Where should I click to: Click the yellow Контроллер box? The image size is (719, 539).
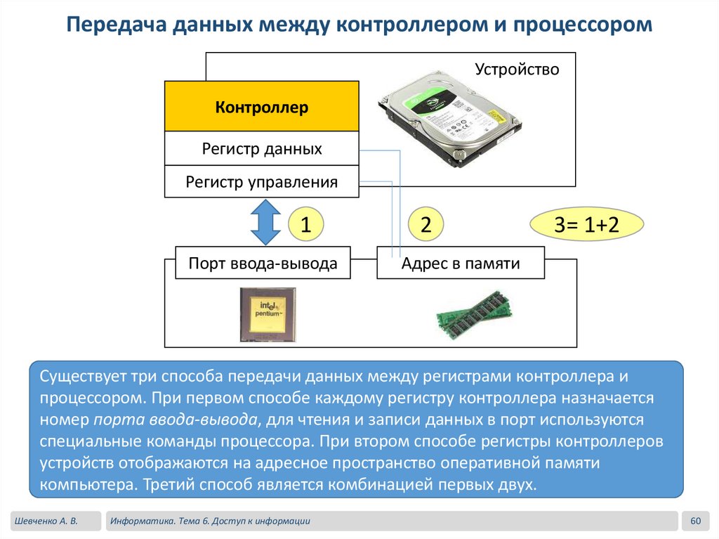[x=262, y=107]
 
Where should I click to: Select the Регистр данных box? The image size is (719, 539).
[x=262, y=149]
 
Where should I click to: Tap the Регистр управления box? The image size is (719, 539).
[x=262, y=182]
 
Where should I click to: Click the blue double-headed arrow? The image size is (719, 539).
[x=265, y=222]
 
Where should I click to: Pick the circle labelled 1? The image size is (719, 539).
[x=306, y=225]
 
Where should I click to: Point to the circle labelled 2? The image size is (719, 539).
[x=426, y=225]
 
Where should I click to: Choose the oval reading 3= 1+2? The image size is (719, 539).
[x=586, y=225]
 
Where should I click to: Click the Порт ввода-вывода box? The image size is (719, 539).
[x=263, y=264]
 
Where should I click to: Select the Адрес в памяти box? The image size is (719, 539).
[x=461, y=264]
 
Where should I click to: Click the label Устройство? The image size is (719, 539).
[x=517, y=70]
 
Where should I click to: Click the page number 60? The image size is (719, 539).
[x=696, y=521]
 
